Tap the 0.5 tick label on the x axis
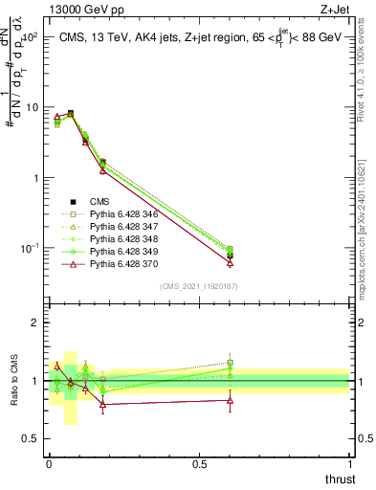[x=199, y=464]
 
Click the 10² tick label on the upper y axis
[x=30, y=37]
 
